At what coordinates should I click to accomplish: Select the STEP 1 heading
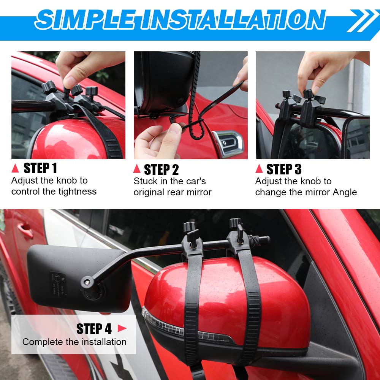[x=40, y=168]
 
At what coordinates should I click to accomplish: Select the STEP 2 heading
[x=161, y=169]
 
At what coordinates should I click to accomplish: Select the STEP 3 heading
[x=284, y=169]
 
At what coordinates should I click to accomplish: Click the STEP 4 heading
[x=94, y=329]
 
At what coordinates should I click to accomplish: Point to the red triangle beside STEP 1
[x=15, y=168]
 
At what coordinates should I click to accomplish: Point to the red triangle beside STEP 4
[x=122, y=328]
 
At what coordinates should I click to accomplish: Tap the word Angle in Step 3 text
[x=345, y=192]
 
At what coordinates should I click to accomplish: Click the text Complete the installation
[x=74, y=342]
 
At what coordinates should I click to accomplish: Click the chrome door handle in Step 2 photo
[x=228, y=143]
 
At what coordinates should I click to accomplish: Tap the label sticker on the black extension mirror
[x=57, y=283]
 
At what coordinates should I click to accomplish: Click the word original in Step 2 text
[x=149, y=192]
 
